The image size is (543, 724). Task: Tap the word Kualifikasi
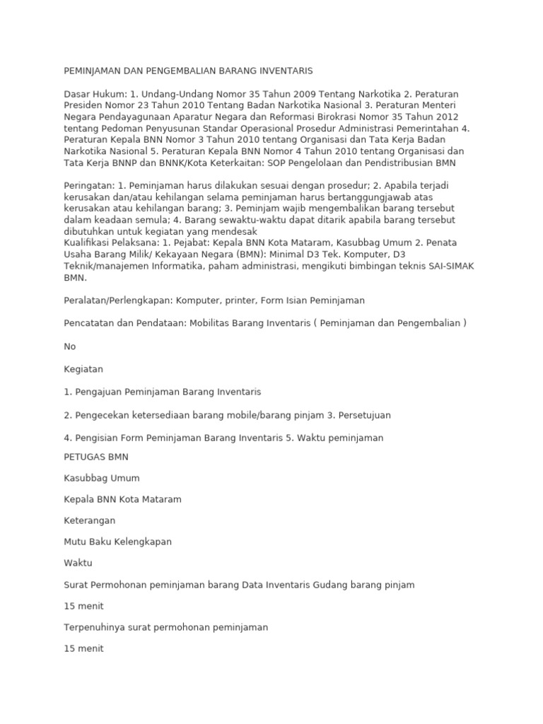point(88,243)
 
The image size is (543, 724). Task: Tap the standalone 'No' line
point(70,346)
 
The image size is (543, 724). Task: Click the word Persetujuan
point(359,415)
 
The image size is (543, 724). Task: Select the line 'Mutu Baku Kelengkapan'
point(117,542)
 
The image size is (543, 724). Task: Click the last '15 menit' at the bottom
point(83,648)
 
